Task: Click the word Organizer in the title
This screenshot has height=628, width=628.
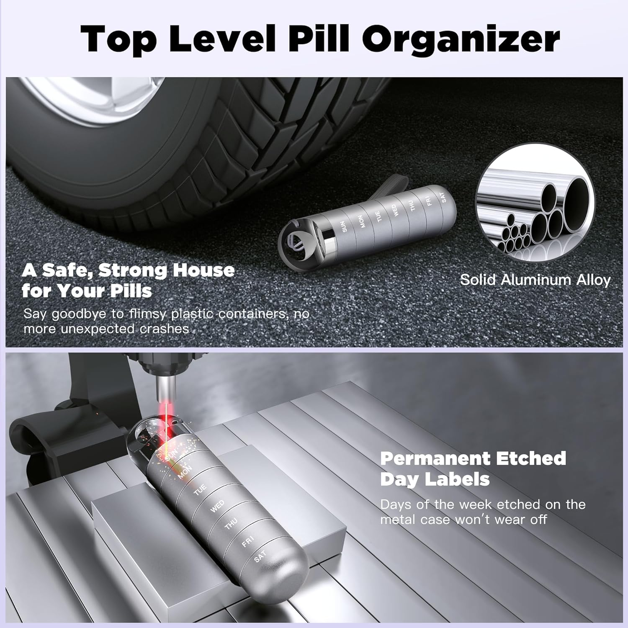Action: point(461,39)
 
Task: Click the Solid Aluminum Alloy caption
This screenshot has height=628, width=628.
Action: point(535,280)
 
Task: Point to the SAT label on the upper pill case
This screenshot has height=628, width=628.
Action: point(443,197)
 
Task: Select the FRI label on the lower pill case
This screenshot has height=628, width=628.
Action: point(247,541)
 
